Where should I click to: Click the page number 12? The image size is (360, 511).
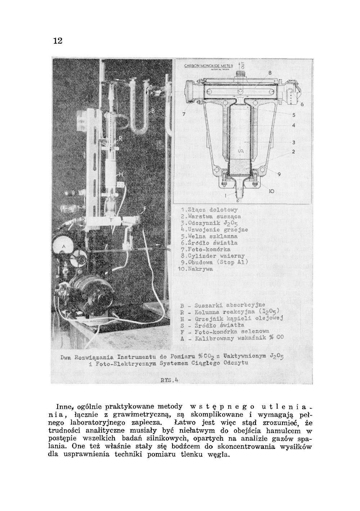[58, 41]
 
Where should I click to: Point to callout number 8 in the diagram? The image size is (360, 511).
[269, 73]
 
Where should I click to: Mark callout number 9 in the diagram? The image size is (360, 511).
[279, 175]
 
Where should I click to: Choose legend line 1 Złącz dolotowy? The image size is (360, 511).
[209, 209]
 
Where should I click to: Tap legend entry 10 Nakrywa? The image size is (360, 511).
[196, 269]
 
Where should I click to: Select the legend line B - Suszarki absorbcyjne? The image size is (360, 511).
[222, 306]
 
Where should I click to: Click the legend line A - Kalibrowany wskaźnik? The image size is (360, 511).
[232, 338]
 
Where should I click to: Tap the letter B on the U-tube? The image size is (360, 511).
[153, 110]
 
